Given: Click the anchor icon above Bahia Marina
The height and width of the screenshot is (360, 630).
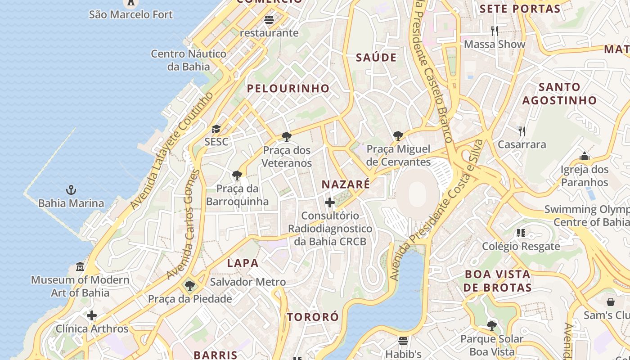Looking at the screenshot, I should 71,189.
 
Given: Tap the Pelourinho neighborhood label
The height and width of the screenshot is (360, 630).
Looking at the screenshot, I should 288,88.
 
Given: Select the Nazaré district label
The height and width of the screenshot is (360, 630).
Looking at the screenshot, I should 346,184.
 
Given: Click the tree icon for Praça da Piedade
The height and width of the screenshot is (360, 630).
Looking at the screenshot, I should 190,285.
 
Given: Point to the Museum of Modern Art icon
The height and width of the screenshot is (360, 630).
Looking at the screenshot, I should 80,266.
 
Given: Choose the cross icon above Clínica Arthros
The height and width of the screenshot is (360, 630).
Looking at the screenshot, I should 92,315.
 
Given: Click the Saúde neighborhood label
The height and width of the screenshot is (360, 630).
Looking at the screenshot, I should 376,58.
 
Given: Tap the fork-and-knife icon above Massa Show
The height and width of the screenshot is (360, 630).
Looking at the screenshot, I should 495,31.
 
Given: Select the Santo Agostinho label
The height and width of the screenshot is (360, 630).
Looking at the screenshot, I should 559,94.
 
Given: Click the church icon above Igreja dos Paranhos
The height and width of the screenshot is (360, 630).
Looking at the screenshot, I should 585,156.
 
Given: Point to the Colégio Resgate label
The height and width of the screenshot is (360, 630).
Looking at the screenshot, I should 521,246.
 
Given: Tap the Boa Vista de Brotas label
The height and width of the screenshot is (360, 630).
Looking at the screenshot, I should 497,280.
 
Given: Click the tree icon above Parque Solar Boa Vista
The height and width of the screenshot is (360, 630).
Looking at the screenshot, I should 492,325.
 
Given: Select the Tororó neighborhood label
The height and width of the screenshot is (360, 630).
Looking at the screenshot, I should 313,317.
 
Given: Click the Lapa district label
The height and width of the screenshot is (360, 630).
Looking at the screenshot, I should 243,263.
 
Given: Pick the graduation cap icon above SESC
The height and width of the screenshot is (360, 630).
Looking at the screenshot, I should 216,129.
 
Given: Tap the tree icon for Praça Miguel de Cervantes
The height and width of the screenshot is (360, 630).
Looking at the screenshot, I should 398,135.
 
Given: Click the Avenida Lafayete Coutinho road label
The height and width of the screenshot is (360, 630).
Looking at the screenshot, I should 171,151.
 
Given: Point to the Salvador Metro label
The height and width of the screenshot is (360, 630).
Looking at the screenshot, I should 247,282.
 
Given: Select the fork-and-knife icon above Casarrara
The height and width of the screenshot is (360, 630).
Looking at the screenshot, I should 522,131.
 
